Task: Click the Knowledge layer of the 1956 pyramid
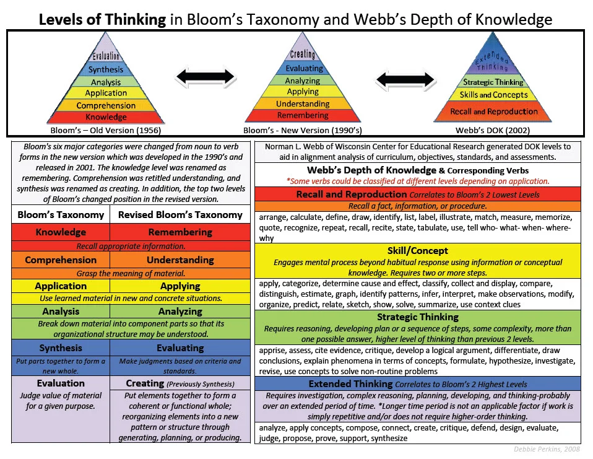pyautogui.click(x=106, y=117)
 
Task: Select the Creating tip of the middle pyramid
pyautogui.click(x=303, y=55)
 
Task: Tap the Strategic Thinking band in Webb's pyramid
pyautogui.click(x=493, y=82)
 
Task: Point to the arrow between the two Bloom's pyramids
pyautogui.click(x=205, y=77)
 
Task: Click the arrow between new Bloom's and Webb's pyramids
pyautogui.click(x=405, y=79)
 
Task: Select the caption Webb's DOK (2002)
pyautogui.click(x=493, y=131)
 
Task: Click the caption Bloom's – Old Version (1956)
pyautogui.click(x=106, y=131)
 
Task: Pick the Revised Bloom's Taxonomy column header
pyautogui.click(x=180, y=215)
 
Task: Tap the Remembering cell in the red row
pyautogui.click(x=180, y=232)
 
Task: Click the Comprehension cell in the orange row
pyautogui.click(x=61, y=260)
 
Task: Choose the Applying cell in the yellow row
pyautogui.click(x=180, y=286)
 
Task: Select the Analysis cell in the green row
pyautogui.click(x=61, y=312)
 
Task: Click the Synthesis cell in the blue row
pyautogui.click(x=61, y=348)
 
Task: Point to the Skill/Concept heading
pyautogui.click(x=417, y=251)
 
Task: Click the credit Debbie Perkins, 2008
pyautogui.click(x=547, y=449)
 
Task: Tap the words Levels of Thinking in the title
pyautogui.click(x=102, y=19)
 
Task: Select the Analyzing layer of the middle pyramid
pyautogui.click(x=303, y=81)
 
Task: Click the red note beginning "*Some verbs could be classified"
pyautogui.click(x=417, y=181)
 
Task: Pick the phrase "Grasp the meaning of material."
pyautogui.click(x=131, y=273)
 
